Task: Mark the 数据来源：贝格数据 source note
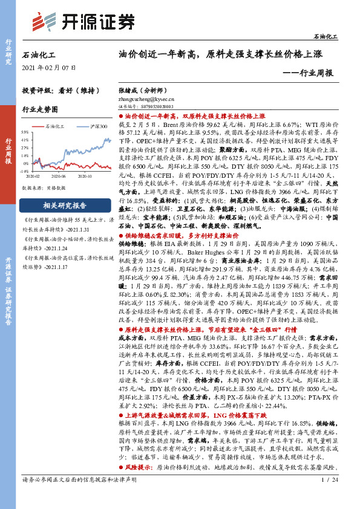point(44,187)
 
